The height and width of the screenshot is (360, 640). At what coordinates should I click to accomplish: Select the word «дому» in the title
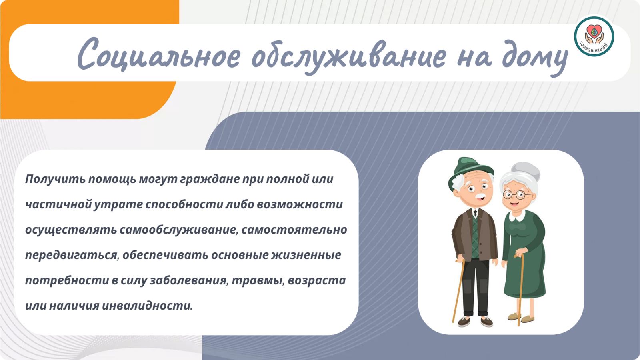click(535, 58)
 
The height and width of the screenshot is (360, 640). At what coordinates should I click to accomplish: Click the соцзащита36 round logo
click(594, 36)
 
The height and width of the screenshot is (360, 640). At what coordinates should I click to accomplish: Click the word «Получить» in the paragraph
click(55, 179)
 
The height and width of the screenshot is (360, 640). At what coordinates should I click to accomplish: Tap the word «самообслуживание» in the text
click(178, 230)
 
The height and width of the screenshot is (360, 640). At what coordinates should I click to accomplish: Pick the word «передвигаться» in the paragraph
click(72, 255)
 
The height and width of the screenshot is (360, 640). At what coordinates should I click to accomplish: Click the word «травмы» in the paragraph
click(258, 280)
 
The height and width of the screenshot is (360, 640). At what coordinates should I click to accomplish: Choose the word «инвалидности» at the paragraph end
click(147, 306)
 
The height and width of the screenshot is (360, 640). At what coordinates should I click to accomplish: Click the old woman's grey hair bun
click(526, 170)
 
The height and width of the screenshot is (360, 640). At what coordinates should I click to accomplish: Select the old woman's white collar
click(517, 216)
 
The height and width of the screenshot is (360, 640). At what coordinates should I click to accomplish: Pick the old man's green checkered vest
click(474, 238)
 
